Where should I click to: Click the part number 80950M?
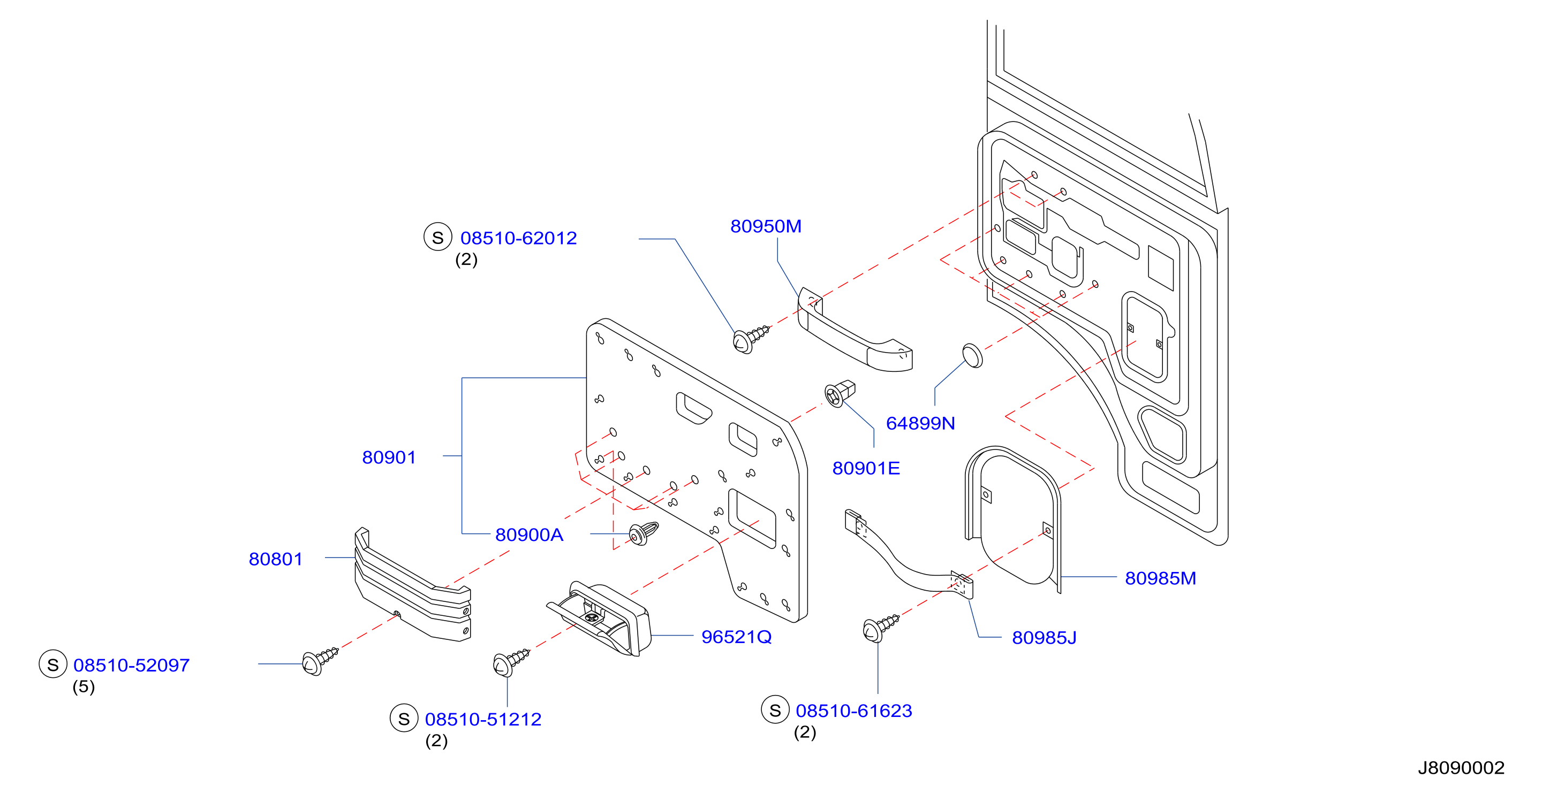pos(766,226)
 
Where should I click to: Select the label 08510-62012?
pos(518,238)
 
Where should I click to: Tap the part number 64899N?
pos(920,423)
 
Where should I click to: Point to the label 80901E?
pos(866,468)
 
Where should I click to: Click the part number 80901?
pos(389,457)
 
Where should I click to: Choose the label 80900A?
pos(529,535)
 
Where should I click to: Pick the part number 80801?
pos(275,559)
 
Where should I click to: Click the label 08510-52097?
pos(131,665)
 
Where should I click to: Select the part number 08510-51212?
pos(483,719)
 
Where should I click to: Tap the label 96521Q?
pos(736,637)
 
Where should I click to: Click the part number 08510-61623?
pos(853,711)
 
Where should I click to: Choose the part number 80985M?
pos(1160,578)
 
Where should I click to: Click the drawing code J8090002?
pos(1461,768)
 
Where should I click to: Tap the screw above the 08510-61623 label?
pos(880,628)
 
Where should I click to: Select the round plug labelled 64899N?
pos(972,356)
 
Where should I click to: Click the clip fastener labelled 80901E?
pos(840,393)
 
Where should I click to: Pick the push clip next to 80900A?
pos(643,533)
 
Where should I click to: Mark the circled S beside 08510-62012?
pos(437,238)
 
